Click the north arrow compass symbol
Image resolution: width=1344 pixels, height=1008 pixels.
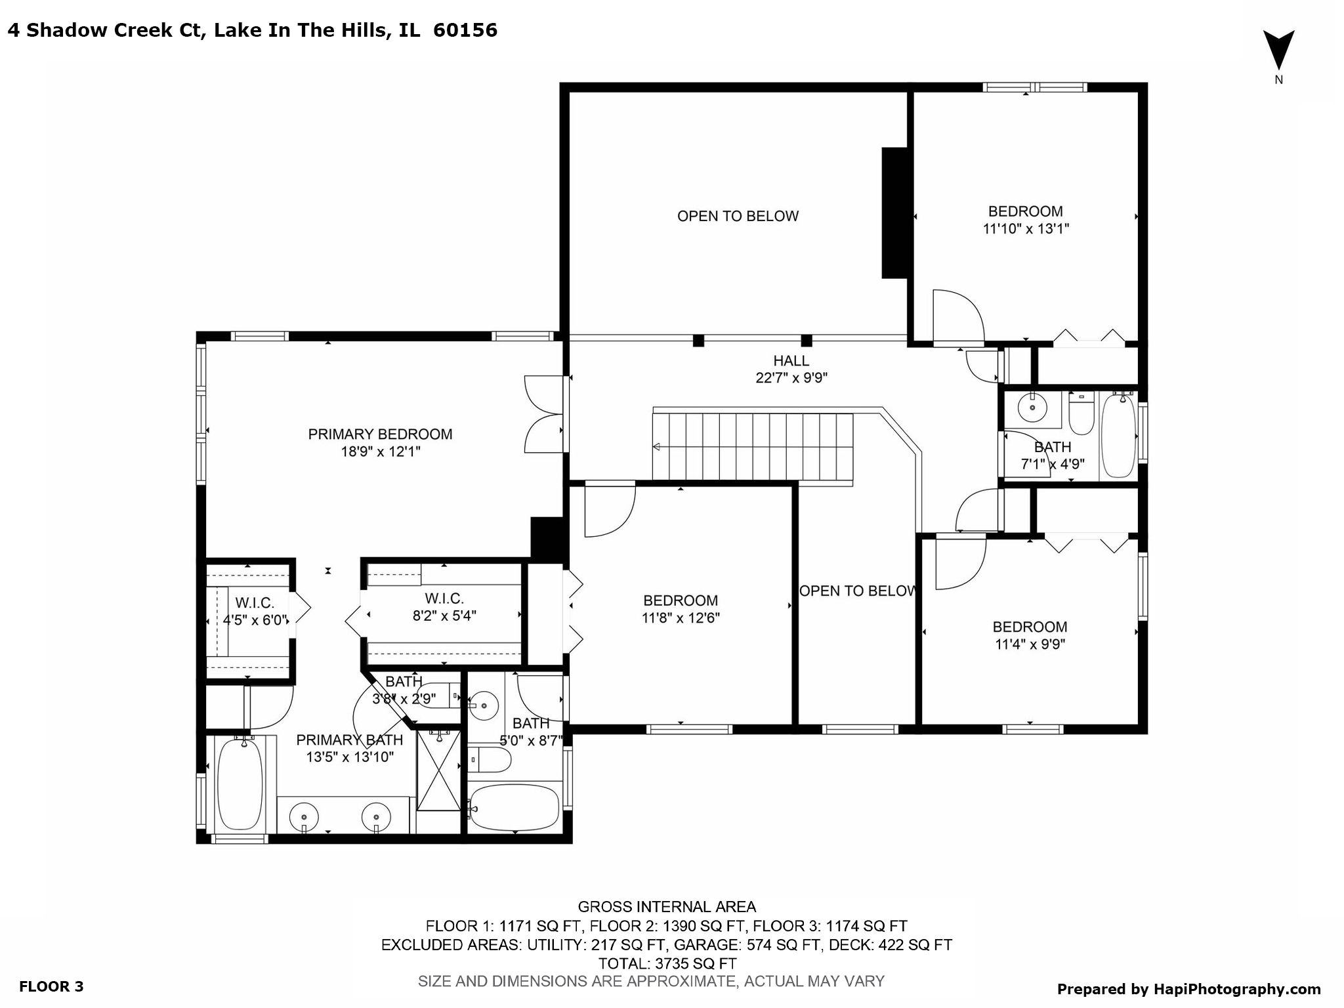pos(1278,51)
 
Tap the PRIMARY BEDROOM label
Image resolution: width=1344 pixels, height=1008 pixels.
pos(380,434)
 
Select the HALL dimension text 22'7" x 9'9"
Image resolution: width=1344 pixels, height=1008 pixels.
pos(791,378)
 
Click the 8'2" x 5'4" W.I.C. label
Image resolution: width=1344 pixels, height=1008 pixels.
pos(444,616)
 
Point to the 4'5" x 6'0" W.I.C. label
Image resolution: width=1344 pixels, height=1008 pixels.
pos(255,619)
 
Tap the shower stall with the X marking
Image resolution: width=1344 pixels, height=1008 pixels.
pos(439,772)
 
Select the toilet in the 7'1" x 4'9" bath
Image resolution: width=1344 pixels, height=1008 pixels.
pos(1081,414)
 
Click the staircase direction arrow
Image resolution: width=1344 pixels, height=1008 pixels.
pos(656,447)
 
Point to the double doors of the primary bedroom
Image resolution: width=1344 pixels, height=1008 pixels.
pos(544,414)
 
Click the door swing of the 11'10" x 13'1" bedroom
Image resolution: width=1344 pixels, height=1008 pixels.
pos(957,317)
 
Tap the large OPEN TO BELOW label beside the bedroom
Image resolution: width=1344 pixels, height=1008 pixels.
pos(738,216)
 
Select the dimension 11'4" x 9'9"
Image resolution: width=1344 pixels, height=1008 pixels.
pos(1030,644)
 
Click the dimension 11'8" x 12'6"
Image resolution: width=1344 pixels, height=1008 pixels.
pos(681,618)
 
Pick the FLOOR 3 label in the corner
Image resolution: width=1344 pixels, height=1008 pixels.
pos(51,986)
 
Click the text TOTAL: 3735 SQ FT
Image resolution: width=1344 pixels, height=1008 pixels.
pos(667,963)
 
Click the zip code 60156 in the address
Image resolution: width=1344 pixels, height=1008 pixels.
pos(465,30)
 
